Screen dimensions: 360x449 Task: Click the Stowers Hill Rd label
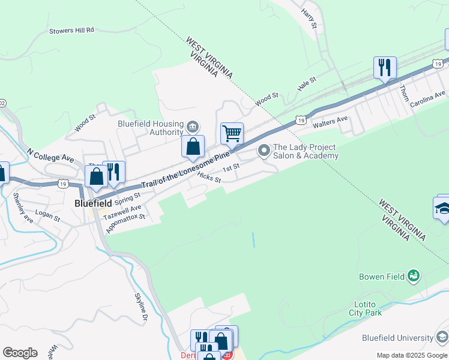71,29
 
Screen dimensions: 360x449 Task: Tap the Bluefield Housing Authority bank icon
193,126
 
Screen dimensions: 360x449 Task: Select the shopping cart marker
232,133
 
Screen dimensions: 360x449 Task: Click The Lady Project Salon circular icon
264,151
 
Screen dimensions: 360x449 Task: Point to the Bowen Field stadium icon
413,277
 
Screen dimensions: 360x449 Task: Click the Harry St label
309,19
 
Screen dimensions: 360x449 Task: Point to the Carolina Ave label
428,99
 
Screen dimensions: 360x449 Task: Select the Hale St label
307,84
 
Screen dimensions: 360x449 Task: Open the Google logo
20,353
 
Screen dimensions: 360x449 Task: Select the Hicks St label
209,178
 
